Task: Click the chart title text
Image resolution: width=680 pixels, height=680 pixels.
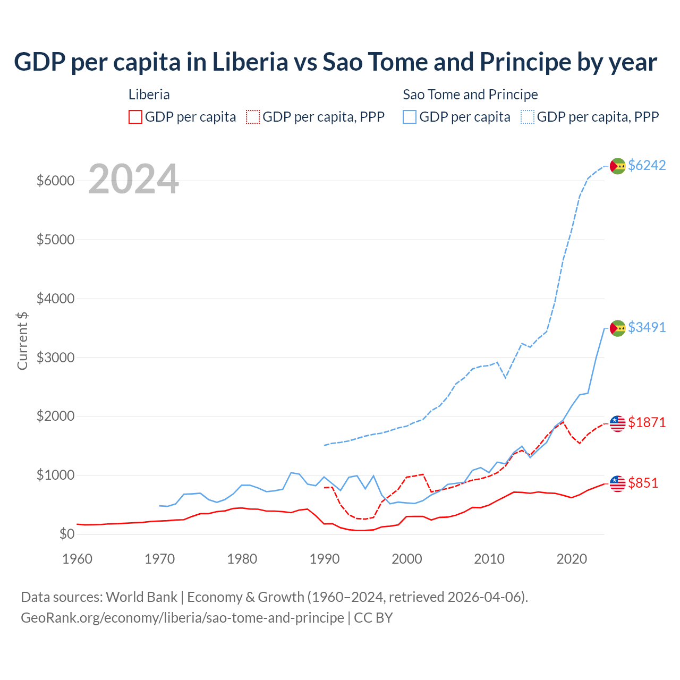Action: pos(335,62)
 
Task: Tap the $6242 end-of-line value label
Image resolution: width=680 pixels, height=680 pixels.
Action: pos(647,165)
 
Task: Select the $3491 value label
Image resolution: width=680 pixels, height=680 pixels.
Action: pos(647,327)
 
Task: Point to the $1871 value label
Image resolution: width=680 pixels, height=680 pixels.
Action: pos(647,422)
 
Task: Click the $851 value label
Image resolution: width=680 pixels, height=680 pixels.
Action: pos(643,483)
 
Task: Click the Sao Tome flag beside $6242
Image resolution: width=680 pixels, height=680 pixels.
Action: pos(617,166)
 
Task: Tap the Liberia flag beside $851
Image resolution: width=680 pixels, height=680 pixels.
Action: pos(617,483)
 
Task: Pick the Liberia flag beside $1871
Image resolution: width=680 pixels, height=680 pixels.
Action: pos(617,423)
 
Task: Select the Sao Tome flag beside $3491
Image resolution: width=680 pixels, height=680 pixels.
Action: pos(617,328)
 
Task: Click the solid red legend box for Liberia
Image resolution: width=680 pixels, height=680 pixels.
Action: pos(135,117)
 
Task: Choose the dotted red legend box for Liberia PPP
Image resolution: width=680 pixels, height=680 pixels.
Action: pos(253,117)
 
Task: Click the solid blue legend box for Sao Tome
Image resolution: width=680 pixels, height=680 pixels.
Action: pos(410,117)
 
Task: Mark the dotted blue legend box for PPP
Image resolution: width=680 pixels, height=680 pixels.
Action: pos(528,117)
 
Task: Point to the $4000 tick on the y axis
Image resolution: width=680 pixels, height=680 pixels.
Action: pos(55,299)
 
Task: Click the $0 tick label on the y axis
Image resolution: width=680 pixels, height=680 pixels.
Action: pos(66,534)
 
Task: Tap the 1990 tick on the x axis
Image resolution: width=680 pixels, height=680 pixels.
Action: pos(325,559)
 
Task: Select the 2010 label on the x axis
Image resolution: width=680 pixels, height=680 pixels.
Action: pos(489,559)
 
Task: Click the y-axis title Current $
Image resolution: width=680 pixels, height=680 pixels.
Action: pos(22,341)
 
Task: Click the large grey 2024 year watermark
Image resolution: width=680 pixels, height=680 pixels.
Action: pos(133,180)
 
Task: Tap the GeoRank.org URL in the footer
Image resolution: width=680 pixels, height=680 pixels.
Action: pos(182,618)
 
